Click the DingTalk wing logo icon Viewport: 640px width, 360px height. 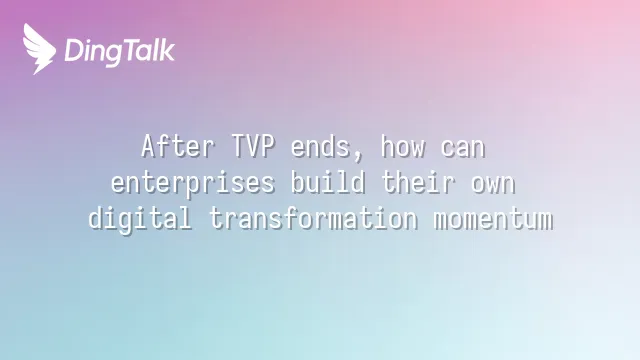tap(39, 49)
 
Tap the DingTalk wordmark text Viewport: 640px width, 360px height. tap(120, 52)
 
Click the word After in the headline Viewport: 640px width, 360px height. tap(178, 146)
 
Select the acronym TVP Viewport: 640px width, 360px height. tap(253, 146)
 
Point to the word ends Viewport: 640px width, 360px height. tap(320, 146)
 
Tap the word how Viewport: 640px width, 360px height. tap(403, 146)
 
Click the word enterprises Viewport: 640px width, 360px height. tap(193, 183)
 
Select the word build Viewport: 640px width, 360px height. tap(328, 182)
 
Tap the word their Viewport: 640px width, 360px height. tap(418, 182)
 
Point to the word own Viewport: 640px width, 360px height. tap(493, 184)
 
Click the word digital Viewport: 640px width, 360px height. tap(140, 219)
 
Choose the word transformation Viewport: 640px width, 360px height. tap(313, 218)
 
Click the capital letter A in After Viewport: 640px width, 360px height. tap(149, 146)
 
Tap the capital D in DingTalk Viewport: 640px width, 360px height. tap(73, 50)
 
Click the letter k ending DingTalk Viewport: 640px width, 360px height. tap(167, 50)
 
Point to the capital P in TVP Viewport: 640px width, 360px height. tap(268, 146)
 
